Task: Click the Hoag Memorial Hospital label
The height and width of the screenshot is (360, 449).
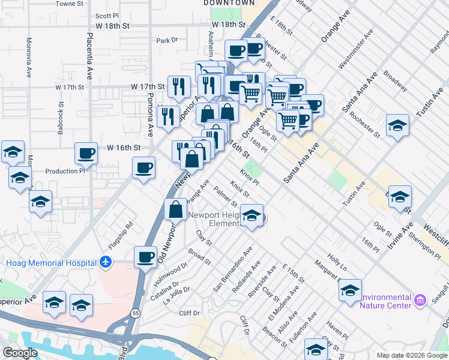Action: pos(51,263)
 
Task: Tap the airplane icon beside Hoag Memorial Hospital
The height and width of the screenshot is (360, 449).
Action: pos(106,262)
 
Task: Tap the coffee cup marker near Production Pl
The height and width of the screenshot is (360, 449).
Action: pos(86,154)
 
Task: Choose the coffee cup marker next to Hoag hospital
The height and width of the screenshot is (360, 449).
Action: pos(145,257)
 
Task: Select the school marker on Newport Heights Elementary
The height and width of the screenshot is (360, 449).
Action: pos(252,215)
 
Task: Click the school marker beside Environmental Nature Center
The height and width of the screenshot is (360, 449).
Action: pos(350,290)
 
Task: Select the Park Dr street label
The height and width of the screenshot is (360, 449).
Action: pos(167,41)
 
